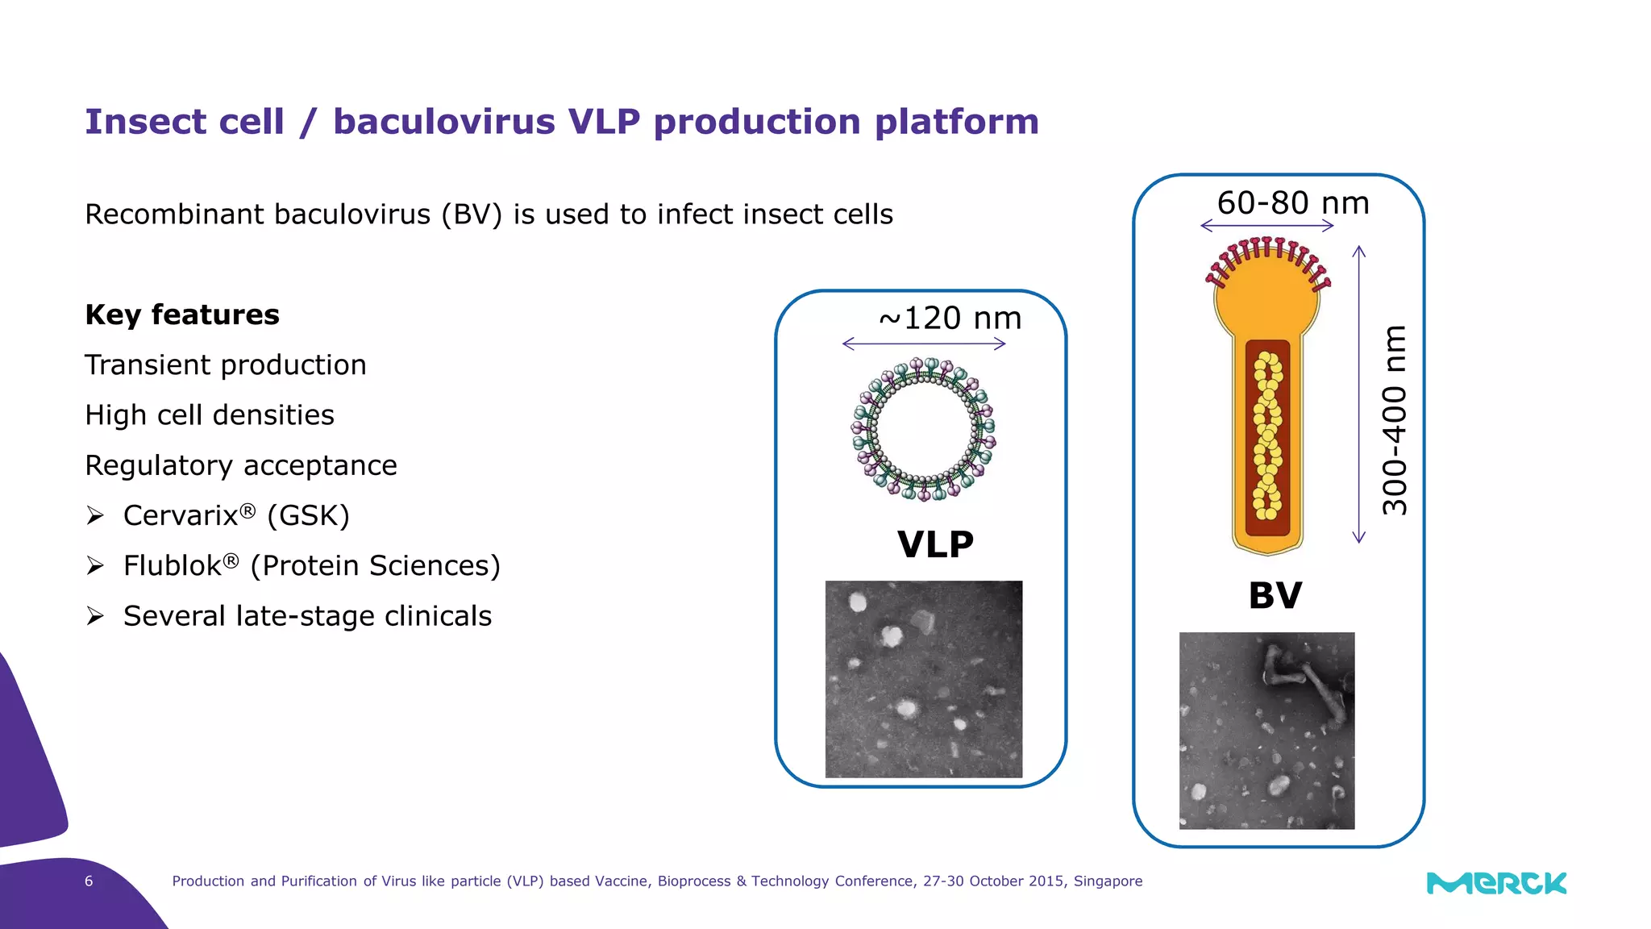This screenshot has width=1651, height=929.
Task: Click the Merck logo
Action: pos(1496,883)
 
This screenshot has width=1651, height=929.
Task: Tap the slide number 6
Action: pos(89,881)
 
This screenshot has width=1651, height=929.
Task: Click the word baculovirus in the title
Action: pos(443,122)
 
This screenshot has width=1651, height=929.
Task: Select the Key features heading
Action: pos(182,315)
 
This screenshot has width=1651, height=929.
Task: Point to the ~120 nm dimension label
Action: pos(950,319)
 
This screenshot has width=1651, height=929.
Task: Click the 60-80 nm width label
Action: pos(1292,203)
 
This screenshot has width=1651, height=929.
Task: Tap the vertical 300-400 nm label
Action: pos(1395,420)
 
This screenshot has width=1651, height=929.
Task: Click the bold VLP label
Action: pos(935,544)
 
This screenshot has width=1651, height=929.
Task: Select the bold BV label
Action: pos(1275,596)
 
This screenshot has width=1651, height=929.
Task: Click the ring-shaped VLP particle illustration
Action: pos(924,429)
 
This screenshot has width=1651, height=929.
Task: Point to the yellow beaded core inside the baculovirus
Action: pos(1267,435)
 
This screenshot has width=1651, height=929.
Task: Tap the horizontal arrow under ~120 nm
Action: pos(924,344)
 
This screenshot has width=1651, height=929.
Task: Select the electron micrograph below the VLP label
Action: pos(924,679)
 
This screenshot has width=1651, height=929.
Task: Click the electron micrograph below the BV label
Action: pos(1266,731)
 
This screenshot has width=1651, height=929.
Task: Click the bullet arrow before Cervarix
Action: pos(95,516)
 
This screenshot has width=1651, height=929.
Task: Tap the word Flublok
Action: pos(173,566)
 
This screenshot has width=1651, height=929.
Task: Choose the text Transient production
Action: pos(226,365)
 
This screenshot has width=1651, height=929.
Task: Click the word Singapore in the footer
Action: pos(1108,881)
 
